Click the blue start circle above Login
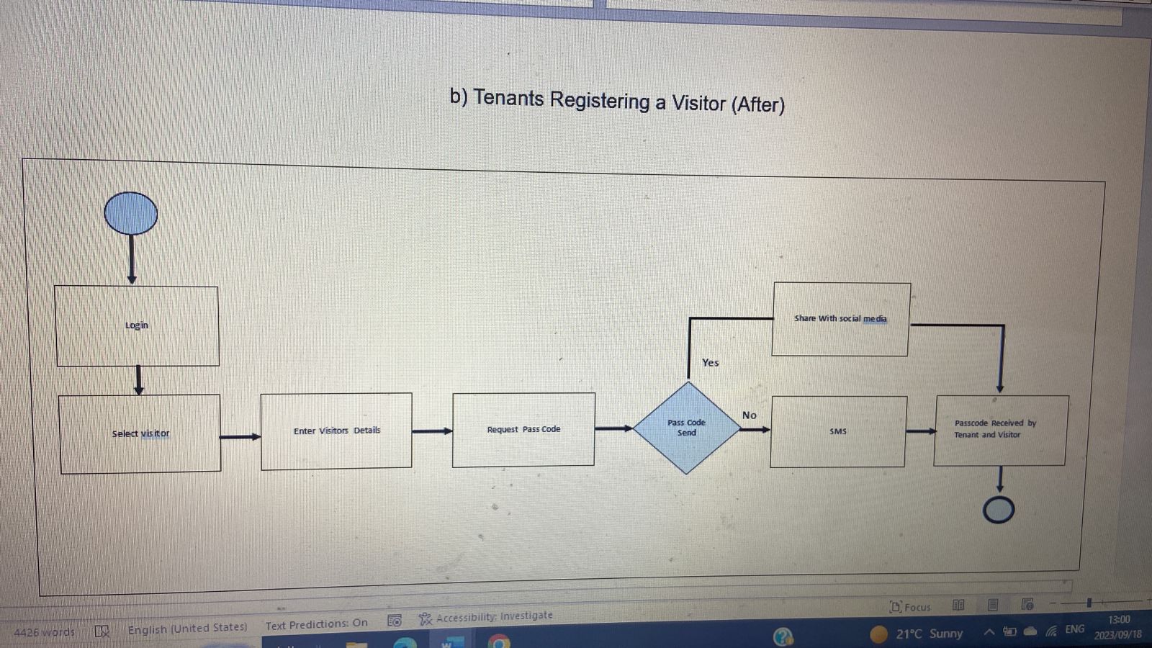click(131, 213)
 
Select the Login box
click(137, 325)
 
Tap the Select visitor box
click(140, 433)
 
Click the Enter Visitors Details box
click(336, 431)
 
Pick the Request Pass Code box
click(523, 429)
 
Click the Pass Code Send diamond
click(687, 428)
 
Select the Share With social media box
click(840, 319)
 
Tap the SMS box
click(838, 431)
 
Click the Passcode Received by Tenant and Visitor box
click(1001, 429)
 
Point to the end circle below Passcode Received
click(999, 510)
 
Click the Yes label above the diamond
click(710, 363)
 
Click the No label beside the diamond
click(749, 415)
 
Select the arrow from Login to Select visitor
click(139, 380)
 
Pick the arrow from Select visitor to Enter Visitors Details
click(240, 436)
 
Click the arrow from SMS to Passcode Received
click(920, 431)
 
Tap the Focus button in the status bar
click(911, 607)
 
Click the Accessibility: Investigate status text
click(487, 617)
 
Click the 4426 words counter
click(45, 632)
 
